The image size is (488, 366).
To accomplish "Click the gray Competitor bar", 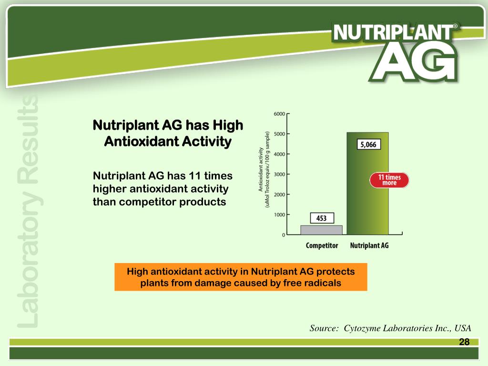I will click(321, 230).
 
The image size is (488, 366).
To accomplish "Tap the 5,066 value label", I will click(369, 144).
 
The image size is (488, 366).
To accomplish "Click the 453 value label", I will click(322, 218).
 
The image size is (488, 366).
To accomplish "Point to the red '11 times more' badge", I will click(389, 180).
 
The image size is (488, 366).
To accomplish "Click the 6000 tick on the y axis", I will click(279, 114).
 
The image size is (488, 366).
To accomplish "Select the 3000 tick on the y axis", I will click(279, 174).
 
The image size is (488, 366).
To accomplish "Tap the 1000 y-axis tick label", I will click(279, 215).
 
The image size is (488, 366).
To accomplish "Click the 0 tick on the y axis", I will click(284, 235).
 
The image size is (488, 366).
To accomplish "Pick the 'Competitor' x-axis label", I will click(322, 246).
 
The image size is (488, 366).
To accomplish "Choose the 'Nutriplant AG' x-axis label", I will click(369, 246).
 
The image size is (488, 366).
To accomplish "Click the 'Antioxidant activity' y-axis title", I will click(261, 169).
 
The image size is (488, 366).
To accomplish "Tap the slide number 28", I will click(464, 342).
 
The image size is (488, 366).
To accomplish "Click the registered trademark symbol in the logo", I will click(456, 27).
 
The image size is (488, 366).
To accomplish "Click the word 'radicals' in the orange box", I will click(325, 283).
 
